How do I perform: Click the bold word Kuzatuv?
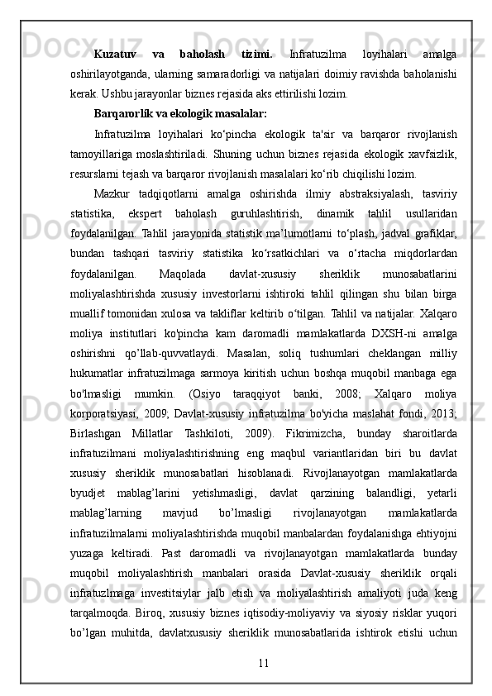pos(117,55)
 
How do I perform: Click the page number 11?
pos(264,639)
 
